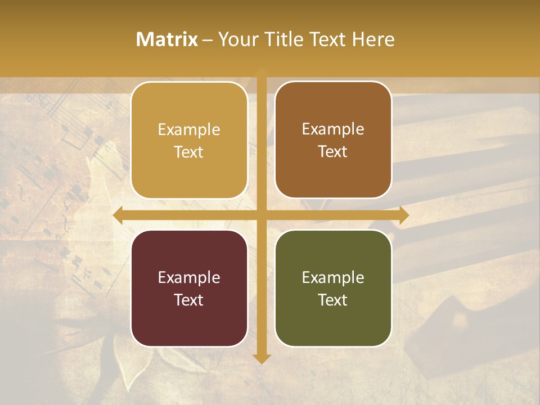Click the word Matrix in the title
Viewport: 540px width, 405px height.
point(167,39)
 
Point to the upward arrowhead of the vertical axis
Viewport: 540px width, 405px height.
point(262,72)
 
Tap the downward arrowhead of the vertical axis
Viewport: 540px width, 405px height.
point(262,359)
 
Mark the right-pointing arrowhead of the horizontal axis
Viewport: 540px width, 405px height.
point(404,215)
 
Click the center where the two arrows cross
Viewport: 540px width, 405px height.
point(262,215)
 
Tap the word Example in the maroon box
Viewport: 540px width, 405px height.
point(189,277)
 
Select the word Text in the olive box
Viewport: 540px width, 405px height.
point(333,300)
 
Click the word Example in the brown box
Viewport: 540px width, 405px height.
point(333,129)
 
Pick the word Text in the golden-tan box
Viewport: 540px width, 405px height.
point(189,152)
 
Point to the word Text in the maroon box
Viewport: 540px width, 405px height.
point(189,300)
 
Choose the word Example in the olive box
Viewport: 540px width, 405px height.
point(333,277)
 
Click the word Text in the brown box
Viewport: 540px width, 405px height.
point(333,151)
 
